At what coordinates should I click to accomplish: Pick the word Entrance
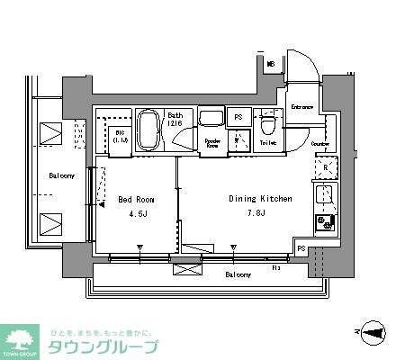(302, 107)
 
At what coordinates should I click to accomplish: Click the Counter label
(320, 144)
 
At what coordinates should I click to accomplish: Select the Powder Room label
(212, 143)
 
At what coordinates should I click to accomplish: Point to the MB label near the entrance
(270, 64)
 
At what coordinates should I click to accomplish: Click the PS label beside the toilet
(238, 118)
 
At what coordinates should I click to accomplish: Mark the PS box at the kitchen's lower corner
(301, 249)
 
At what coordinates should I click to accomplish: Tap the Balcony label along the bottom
(238, 273)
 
